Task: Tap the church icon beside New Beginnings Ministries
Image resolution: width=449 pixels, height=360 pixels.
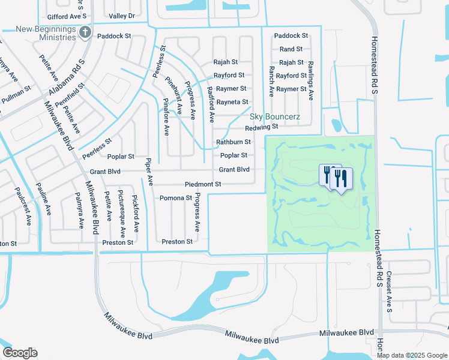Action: tap(85, 32)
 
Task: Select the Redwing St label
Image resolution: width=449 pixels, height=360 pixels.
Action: tap(261, 127)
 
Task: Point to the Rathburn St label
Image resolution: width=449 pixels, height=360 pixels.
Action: tap(233, 142)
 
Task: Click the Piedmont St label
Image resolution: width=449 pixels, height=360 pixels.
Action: tap(203, 184)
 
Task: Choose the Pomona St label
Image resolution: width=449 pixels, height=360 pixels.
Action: tap(175, 198)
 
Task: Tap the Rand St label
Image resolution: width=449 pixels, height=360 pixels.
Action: tap(291, 49)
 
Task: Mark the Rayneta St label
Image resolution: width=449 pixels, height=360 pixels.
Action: tap(232, 103)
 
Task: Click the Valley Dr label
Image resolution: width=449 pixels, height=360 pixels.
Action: tap(122, 16)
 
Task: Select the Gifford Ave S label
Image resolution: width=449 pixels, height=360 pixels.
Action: tap(67, 16)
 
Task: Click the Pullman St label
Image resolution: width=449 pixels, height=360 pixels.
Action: tap(16, 94)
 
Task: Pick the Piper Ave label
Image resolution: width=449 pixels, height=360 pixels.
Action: tap(149, 172)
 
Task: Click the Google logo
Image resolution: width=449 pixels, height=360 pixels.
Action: tap(19, 353)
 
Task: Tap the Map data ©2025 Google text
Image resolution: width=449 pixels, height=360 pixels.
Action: tap(412, 355)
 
